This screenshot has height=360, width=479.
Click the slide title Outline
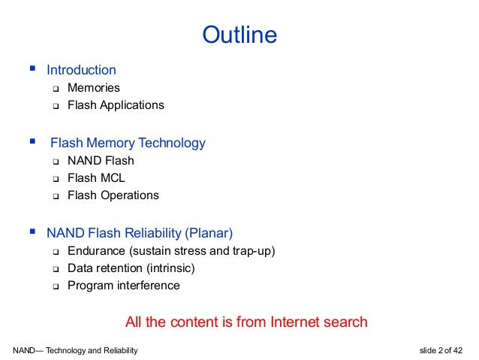(x=239, y=35)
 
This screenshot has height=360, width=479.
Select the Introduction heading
(x=81, y=71)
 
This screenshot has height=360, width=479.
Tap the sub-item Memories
(x=93, y=88)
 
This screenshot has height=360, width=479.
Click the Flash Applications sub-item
(x=116, y=105)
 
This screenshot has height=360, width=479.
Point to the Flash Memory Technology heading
(x=128, y=143)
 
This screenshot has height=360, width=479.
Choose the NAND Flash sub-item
(x=101, y=161)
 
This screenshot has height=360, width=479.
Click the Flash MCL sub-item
(x=96, y=178)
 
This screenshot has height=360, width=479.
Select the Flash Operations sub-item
(x=113, y=195)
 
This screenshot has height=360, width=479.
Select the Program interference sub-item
(x=123, y=286)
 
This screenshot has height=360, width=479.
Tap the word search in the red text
(x=345, y=322)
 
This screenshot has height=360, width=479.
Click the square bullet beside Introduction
(x=32, y=70)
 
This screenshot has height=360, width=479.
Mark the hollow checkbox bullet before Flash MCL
(x=55, y=179)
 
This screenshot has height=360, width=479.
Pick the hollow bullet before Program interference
(x=55, y=286)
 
